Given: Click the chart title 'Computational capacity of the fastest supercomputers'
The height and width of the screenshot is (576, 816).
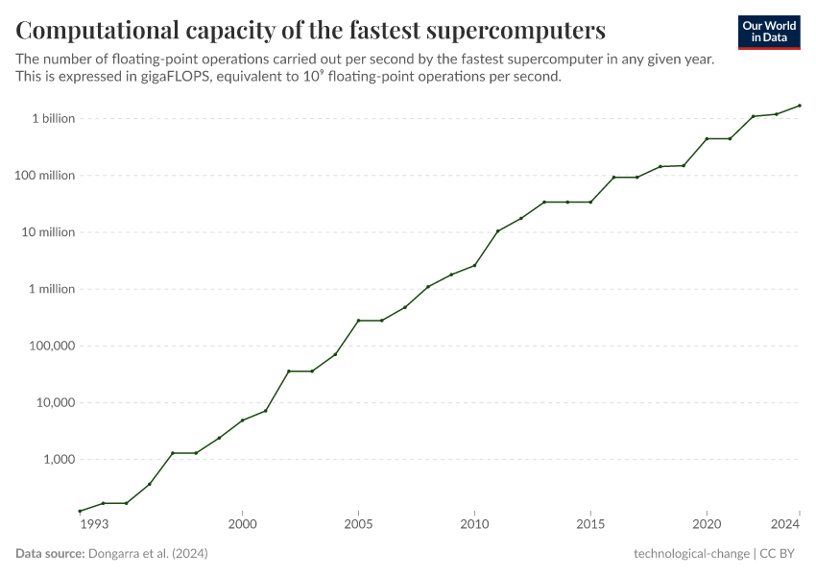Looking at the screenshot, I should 310,31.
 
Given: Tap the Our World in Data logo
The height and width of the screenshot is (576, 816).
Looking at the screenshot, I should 769,32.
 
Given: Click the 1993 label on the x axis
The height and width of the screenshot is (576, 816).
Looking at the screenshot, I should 93,524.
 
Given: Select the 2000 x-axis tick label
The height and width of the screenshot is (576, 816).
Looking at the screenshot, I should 242,524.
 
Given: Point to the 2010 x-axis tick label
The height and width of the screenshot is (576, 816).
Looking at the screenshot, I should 474,524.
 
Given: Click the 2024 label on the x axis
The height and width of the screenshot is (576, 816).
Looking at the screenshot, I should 785,524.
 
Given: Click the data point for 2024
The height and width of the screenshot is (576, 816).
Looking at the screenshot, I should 800,106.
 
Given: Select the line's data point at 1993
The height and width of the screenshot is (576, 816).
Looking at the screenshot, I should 80,511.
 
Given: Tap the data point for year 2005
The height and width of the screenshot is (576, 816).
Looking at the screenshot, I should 358,321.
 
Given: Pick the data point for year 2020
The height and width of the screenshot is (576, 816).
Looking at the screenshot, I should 707,139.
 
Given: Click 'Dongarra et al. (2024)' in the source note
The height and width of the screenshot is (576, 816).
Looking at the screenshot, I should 148,554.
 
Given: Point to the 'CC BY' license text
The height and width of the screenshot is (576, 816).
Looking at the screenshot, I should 780,554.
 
